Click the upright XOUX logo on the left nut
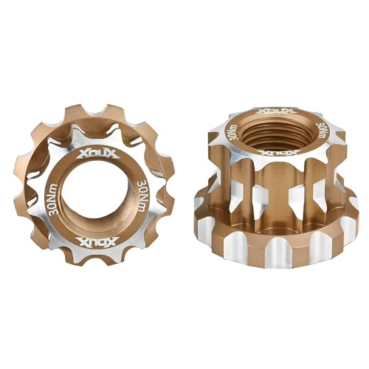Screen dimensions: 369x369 point(93,156)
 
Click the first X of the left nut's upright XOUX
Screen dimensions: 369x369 point(80,156)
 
